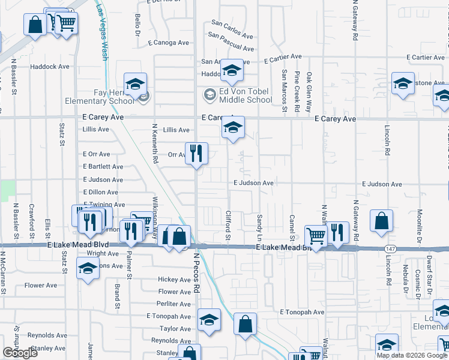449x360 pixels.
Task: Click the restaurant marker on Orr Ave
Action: point(196,154)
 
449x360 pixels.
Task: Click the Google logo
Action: point(20,353)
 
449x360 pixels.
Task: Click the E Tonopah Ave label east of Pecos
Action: point(301,312)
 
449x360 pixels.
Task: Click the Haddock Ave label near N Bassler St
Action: point(49,67)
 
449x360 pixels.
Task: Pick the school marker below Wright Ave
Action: point(88,269)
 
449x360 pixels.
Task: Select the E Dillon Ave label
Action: point(100,192)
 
